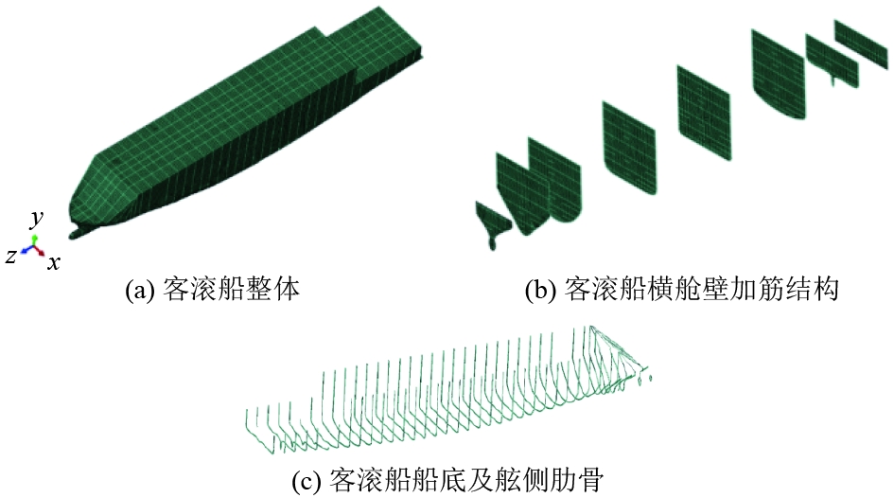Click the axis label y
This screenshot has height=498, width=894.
(x=37, y=220)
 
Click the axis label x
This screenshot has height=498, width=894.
(x=54, y=261)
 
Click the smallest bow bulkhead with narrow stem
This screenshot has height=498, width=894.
(x=493, y=223)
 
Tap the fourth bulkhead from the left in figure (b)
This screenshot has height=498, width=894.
(x=704, y=105)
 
